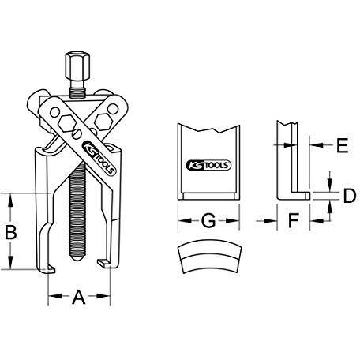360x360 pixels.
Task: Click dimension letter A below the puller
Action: (79, 297)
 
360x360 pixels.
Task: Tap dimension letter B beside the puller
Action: (11, 232)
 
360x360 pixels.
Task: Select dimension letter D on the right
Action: (350, 196)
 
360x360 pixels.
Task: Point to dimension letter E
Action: (343, 145)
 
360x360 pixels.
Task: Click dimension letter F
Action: (294, 220)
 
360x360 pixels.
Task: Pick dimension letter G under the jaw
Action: (208, 220)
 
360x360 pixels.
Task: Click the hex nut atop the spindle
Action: (77, 66)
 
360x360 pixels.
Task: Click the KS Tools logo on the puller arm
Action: (99, 158)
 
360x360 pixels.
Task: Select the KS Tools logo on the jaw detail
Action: (208, 165)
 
